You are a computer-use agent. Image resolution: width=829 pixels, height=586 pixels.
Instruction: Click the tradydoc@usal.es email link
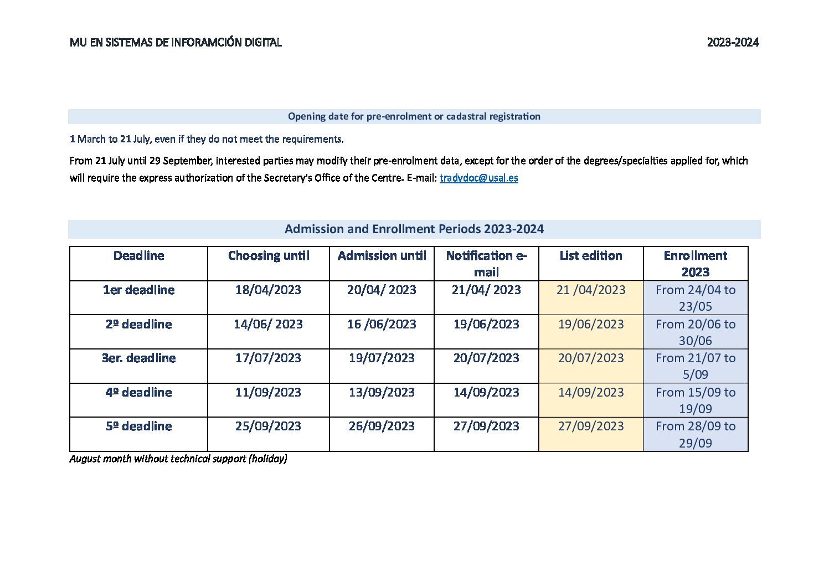point(478,178)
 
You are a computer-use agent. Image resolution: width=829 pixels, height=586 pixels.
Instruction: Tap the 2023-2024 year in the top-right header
point(732,43)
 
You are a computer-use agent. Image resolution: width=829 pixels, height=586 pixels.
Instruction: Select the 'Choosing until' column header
point(269,256)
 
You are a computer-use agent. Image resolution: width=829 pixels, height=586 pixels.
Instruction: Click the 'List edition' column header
point(590,256)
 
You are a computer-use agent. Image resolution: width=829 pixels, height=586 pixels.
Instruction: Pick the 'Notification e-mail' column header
point(486,264)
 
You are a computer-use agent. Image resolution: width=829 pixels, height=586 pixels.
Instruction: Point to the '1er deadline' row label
point(138,290)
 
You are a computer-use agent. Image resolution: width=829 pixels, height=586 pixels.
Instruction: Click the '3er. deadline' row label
point(138,358)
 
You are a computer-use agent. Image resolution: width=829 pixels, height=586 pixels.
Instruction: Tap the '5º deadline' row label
point(138,426)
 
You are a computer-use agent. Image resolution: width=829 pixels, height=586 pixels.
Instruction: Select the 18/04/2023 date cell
point(268,290)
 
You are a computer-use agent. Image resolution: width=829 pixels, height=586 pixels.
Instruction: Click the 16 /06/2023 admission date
point(382,325)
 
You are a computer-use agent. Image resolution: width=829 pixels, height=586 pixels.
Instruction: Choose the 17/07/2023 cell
point(268,358)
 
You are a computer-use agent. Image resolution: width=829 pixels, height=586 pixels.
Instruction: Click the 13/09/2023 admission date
point(382,393)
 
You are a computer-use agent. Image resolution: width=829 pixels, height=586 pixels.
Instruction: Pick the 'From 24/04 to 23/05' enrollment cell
point(696,298)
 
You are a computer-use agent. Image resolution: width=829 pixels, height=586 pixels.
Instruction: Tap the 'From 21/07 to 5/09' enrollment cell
point(696,366)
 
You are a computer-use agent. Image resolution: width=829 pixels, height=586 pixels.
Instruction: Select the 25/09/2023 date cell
point(268,426)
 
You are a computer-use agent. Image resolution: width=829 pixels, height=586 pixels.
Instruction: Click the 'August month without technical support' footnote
point(178,459)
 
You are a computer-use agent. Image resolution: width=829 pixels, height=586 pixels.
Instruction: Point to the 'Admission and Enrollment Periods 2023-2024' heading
point(414,229)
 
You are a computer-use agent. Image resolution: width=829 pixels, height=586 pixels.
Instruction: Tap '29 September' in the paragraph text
point(181,161)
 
